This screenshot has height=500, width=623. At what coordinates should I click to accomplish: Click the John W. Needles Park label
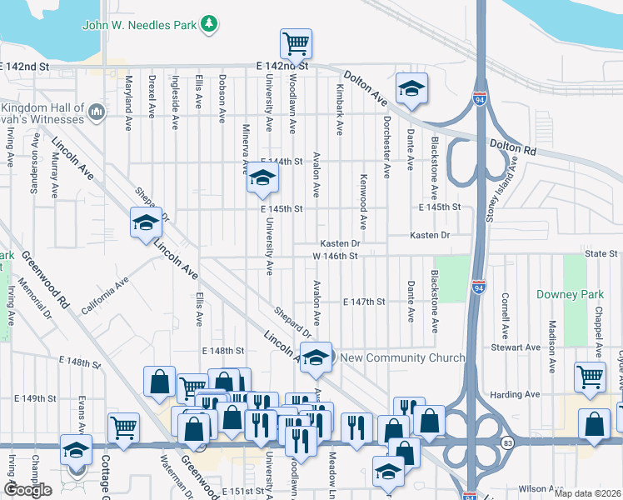139,24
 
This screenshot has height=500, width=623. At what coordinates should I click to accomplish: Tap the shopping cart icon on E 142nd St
296,43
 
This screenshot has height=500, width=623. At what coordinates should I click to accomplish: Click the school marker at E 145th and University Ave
262,178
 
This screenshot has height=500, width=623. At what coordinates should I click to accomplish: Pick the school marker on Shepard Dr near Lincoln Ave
146,223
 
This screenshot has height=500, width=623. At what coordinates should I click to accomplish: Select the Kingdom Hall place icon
97,111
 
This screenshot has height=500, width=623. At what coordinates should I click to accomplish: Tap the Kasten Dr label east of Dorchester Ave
429,236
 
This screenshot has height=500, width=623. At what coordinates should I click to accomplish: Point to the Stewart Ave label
516,347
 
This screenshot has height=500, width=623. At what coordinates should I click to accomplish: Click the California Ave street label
105,296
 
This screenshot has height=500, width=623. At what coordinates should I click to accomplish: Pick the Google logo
28,490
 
